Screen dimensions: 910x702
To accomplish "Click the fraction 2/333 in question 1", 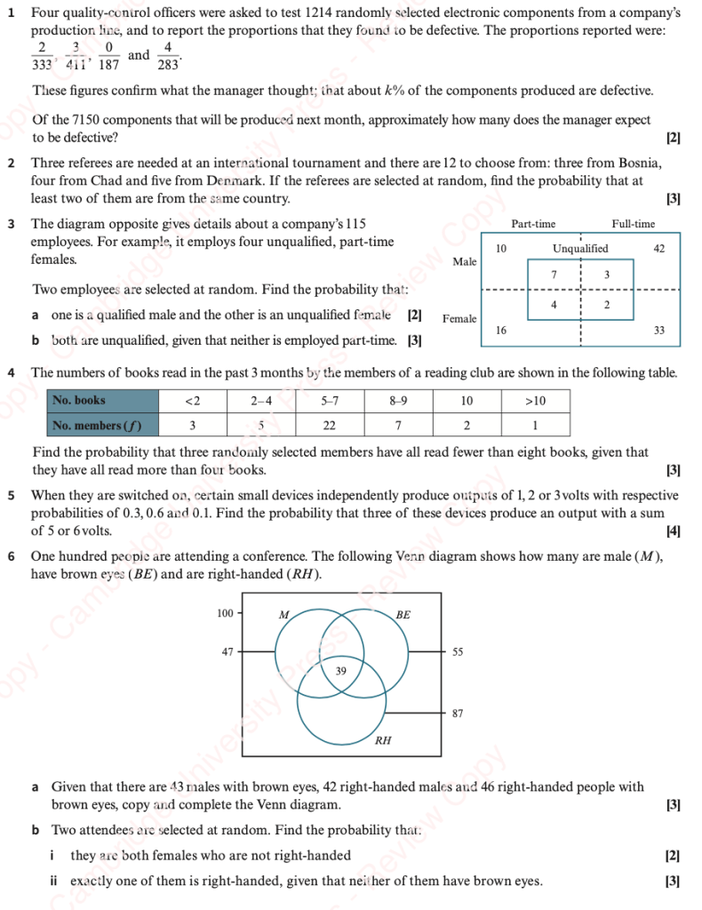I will click(42, 55).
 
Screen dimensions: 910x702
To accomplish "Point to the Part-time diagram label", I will click(534, 224).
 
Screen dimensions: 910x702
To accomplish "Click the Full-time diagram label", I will click(633, 224).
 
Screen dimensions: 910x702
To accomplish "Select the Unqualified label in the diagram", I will click(580, 249).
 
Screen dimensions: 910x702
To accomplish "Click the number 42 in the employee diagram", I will click(658, 249).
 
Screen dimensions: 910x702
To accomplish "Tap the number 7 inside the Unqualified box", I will click(554, 275).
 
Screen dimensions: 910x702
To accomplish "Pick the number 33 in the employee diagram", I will click(658, 330).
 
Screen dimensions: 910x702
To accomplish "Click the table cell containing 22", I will click(329, 425).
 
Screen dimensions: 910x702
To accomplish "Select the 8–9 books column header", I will click(398, 401).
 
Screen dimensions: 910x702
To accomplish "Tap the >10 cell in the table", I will click(536, 401).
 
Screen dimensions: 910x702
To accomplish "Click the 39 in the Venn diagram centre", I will click(341, 671).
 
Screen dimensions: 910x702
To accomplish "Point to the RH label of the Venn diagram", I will click(382, 739).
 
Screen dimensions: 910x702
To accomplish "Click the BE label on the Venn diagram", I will click(403, 614).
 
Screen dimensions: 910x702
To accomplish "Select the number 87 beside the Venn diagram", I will click(458, 713).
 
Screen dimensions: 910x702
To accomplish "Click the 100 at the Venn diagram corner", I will click(226, 613).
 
